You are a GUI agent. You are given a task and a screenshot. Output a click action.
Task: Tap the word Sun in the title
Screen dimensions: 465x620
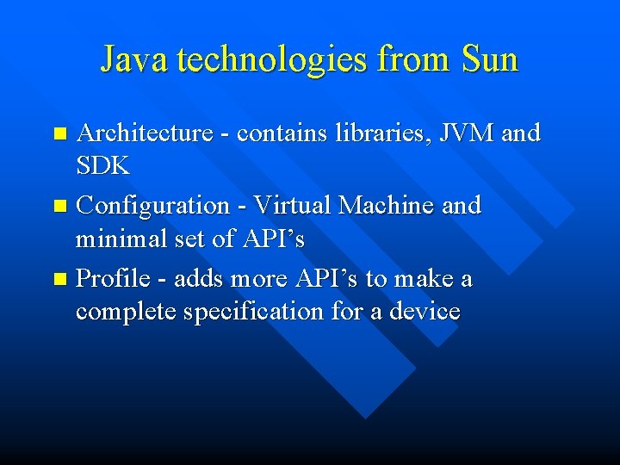tap(489, 60)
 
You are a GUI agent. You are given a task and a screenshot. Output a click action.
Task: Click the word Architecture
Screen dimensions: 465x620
tap(145, 133)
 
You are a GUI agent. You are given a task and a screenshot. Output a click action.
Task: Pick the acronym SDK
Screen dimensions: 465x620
tap(102, 166)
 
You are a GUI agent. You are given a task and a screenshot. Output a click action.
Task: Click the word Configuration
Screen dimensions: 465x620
tap(152, 206)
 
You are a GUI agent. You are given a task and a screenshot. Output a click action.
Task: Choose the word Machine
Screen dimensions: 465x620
tap(387, 206)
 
